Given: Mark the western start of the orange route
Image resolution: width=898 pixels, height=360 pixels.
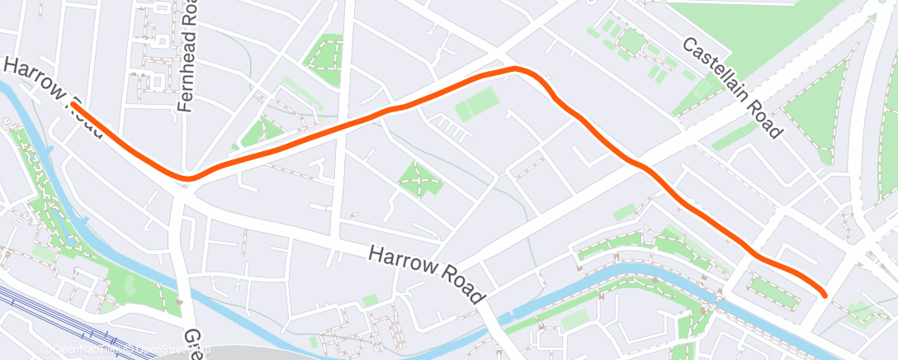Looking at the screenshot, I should [73, 105].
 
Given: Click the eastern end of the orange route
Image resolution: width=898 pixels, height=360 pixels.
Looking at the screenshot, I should [825, 294].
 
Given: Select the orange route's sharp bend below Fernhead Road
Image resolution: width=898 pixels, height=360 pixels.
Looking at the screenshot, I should [188, 178].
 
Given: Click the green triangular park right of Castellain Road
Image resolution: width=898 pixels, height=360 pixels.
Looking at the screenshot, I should [817, 116].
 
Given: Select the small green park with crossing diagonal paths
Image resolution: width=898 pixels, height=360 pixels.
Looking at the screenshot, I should [419, 179].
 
